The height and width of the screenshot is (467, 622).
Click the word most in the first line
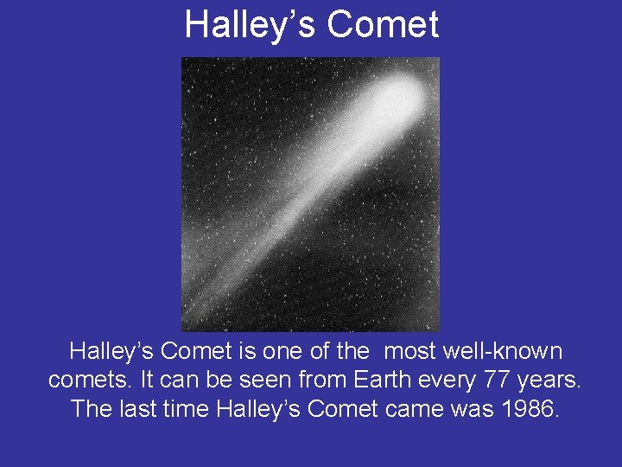tap(410, 352)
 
